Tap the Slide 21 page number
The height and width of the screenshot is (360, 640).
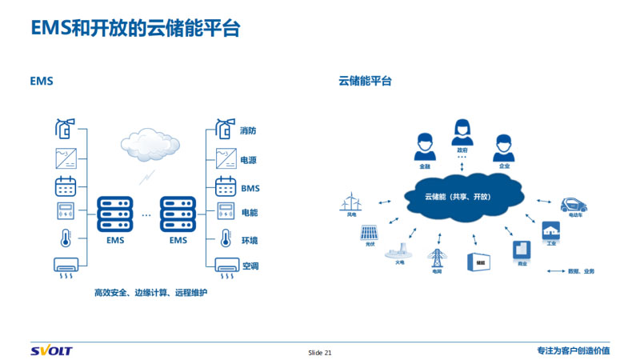click(x=320, y=352)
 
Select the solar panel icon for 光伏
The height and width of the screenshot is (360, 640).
click(x=370, y=233)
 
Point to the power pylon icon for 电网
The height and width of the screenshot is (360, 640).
click(x=437, y=258)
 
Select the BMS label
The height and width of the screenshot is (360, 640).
click(x=250, y=189)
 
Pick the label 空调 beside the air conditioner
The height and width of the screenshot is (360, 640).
click(x=250, y=266)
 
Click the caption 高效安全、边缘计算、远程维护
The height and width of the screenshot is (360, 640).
click(x=150, y=294)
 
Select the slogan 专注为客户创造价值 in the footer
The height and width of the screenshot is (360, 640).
click(x=573, y=350)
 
